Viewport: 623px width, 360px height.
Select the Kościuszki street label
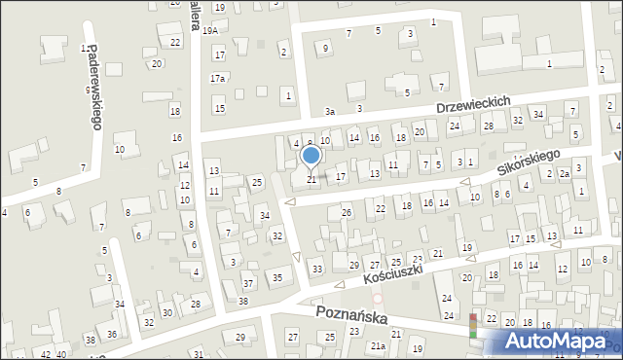pos(392,274)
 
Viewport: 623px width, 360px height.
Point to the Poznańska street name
pos(351,316)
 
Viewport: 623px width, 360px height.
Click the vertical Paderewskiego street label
pos(94,87)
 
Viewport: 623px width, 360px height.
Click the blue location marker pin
pos(311,156)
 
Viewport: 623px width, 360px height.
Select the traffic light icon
pos(474,325)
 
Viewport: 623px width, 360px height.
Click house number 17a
pos(217,78)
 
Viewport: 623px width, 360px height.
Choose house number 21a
pos(378,345)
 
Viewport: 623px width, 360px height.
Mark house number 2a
pos(564,174)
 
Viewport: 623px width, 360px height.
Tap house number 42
pos(45,353)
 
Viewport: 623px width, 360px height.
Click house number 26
pos(346,212)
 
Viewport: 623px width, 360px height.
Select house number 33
pos(316,268)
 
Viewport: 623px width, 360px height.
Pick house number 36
pos(112,334)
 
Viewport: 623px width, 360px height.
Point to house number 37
pos(248,284)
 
